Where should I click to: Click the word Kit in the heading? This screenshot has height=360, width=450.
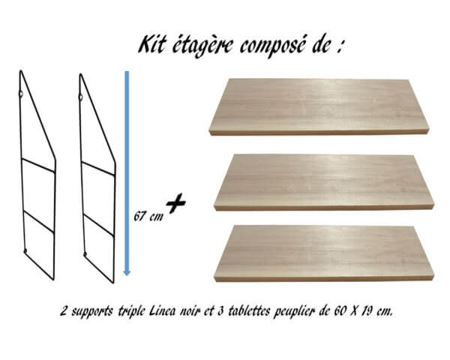(151, 44)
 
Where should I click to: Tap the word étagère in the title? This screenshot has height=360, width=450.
(202, 46)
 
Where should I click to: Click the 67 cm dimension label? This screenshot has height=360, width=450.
(148, 216)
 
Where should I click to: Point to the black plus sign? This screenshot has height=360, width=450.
(176, 203)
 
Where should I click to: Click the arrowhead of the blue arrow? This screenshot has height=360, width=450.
(127, 273)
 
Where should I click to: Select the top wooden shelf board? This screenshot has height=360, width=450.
(319, 106)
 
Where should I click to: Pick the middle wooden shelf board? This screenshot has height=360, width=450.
(324, 182)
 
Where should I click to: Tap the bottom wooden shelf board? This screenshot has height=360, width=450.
(324, 253)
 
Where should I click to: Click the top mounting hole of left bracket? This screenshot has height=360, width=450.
(21, 94)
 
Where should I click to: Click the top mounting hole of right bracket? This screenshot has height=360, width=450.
(81, 97)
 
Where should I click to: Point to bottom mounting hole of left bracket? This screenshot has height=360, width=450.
(25, 250)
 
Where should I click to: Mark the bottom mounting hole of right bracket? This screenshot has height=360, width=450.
(85, 254)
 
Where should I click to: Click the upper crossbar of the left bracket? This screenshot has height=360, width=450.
(38, 166)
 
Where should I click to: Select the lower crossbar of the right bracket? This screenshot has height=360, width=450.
(99, 225)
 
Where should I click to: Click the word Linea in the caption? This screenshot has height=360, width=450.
(162, 311)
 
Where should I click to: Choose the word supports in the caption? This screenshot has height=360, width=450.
(91, 312)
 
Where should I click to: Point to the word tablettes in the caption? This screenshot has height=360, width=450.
(249, 311)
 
